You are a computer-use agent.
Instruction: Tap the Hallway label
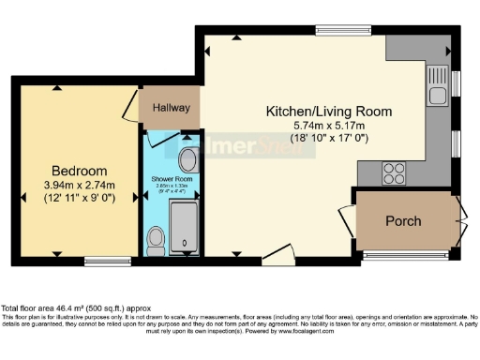(169, 108)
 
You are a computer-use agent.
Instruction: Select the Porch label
(403, 221)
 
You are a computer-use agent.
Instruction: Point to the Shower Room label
(172, 177)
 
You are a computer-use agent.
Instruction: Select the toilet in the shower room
(157, 239)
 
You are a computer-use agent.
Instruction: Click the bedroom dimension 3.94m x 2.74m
(79, 185)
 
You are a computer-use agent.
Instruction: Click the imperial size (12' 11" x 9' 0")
(79, 199)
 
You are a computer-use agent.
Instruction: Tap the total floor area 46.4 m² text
(75, 308)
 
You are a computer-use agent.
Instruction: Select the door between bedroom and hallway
(130, 105)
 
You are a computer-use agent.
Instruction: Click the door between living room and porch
(347, 217)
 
